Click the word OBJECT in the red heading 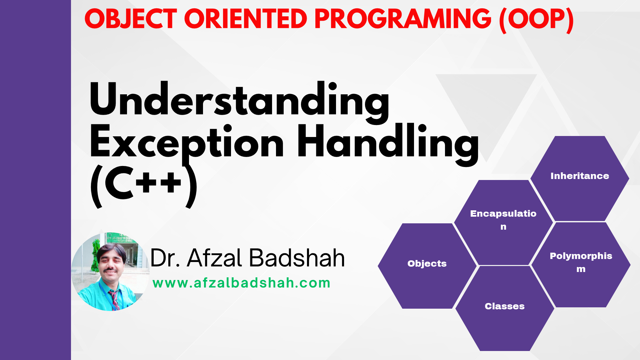click(x=130, y=19)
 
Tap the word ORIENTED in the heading click(x=245, y=19)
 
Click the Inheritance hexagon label click(x=580, y=176)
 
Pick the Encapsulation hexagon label click(x=503, y=220)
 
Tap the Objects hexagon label click(x=427, y=263)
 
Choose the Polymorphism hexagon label click(x=581, y=262)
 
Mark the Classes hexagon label click(x=505, y=306)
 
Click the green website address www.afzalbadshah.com click(x=241, y=283)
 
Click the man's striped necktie click(x=114, y=299)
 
